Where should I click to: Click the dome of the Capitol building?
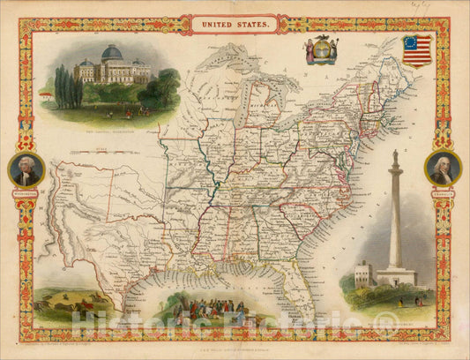[x=112, y=55]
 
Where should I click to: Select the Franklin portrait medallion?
[x=442, y=168]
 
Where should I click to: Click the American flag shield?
[x=418, y=51]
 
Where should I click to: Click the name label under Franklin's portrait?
[x=442, y=191]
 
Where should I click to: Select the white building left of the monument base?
[x=362, y=274]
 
